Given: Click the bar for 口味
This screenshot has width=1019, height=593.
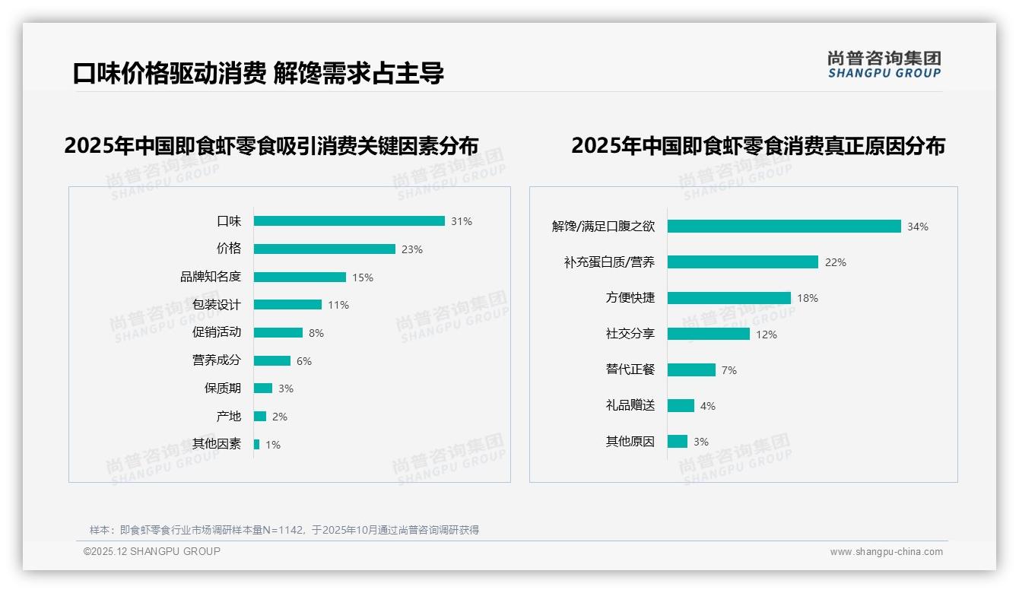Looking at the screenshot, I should pos(349,221).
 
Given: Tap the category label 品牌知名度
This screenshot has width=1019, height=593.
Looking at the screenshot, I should pos(211,277).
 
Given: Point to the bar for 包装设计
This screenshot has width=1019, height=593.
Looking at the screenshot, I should pos(287,305).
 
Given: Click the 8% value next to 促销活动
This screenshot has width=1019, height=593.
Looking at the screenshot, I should pos(316,333).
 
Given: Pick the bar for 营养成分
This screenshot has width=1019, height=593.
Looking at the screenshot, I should pos(272,360).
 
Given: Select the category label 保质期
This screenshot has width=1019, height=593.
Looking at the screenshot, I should pos(223,388).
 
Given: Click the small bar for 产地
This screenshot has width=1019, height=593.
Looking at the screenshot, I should pos(260,417).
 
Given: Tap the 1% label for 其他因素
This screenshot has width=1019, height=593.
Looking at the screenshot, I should pos(273,445).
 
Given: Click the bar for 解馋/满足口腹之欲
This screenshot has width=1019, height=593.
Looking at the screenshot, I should pos(784,227).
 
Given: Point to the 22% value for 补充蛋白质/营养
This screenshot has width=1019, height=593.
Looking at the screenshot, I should pos(836,262).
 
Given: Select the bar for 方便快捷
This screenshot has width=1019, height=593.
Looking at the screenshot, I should pos(729,298).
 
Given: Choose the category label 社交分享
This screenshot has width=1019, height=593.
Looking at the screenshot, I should pos(630,334).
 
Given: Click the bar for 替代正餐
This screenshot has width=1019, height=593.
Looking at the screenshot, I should pos(691,369).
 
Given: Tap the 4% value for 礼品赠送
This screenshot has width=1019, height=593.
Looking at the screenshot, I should pos(708,406).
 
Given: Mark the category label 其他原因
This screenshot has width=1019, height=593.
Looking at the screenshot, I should pos(630,442).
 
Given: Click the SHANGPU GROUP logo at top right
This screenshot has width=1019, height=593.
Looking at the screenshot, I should pos(884,65).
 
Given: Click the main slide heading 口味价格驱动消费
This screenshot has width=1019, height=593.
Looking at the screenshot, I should pos(169,73).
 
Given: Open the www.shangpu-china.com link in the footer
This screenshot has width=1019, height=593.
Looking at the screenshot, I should pos(886,552).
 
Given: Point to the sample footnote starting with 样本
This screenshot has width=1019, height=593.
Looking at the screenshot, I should pos(284,530).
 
